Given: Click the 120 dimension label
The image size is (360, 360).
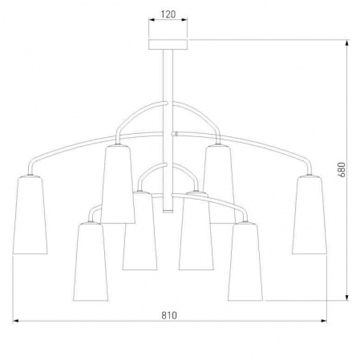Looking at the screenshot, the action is [x=168, y=14].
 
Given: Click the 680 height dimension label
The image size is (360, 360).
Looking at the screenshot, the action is [x=342, y=169].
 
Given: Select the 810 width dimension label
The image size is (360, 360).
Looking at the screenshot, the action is [x=169, y=315].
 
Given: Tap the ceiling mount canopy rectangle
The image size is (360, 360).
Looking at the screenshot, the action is [x=168, y=45].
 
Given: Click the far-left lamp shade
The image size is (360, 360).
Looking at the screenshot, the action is [x=30, y=215].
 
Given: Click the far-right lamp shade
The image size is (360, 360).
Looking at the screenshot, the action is [x=309, y=215].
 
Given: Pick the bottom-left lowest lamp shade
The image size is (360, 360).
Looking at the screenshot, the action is [x=91, y=262].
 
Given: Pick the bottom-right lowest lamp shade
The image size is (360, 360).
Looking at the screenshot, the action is [x=245, y=262].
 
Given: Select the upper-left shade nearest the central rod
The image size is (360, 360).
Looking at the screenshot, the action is [x=118, y=184].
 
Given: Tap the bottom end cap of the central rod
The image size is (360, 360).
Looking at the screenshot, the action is [x=168, y=212].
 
